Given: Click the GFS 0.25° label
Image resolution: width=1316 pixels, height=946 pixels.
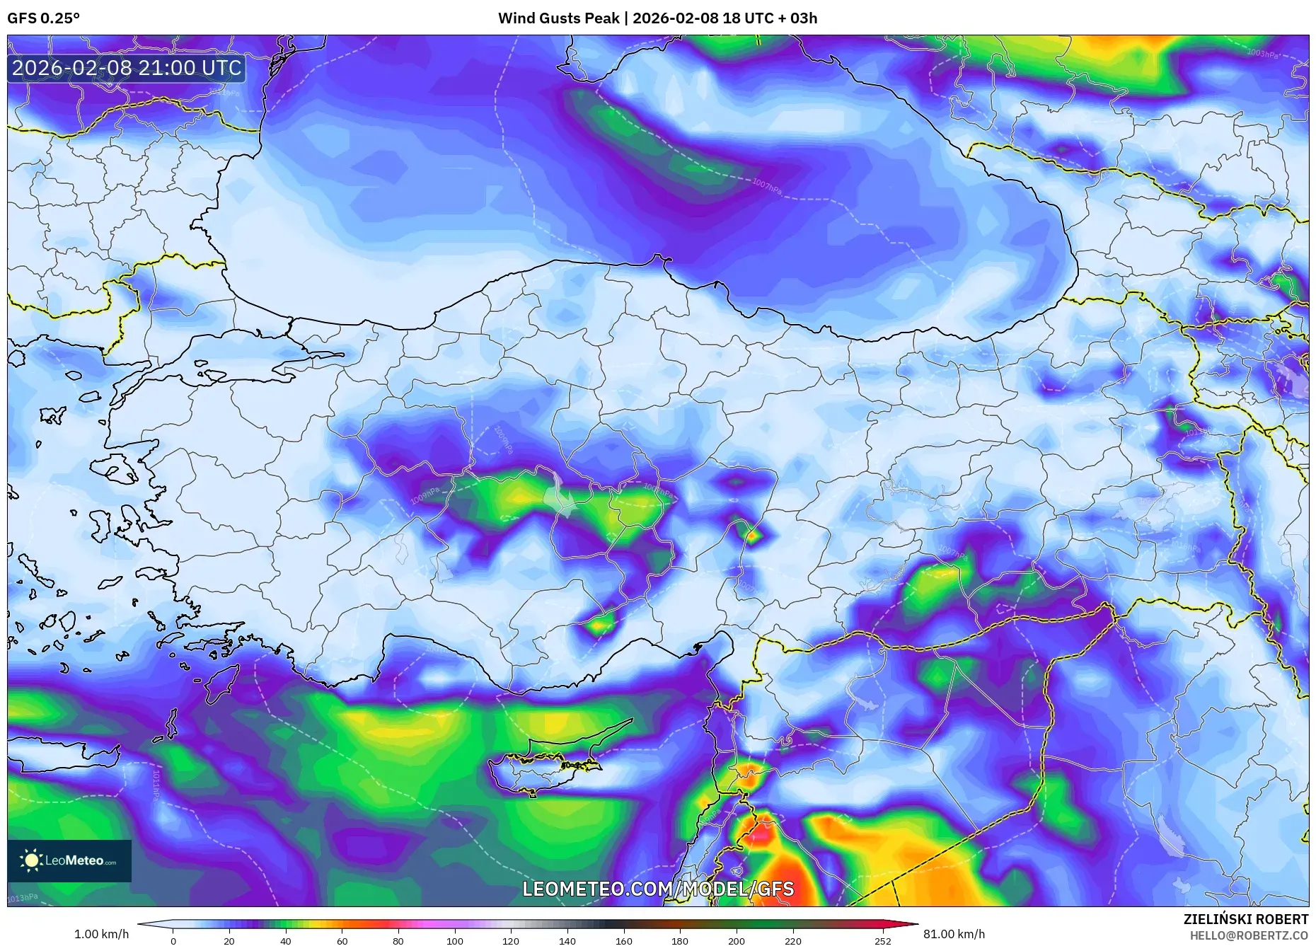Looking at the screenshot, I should point(43,18).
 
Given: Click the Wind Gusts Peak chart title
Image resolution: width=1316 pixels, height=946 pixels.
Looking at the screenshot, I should point(657,18).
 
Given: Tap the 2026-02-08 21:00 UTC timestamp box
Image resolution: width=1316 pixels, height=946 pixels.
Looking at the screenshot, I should point(127,68).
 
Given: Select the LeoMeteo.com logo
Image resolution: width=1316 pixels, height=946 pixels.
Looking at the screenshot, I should point(69,860).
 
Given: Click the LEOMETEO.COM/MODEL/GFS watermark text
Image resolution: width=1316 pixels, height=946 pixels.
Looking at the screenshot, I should point(658,889).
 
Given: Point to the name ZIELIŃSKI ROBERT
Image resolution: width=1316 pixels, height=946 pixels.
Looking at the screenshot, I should point(1245,919).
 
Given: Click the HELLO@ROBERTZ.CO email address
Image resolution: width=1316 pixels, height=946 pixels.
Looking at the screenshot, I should point(1248,935).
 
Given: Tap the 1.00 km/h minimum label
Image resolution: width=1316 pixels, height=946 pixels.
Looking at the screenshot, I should point(101,934).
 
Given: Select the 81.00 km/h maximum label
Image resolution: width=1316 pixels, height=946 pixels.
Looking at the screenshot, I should point(954,934).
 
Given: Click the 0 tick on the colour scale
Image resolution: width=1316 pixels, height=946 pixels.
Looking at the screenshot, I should point(173,941).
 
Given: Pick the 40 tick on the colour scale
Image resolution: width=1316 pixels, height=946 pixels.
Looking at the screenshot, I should point(285,941).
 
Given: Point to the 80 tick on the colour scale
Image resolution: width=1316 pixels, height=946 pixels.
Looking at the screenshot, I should point(398,941).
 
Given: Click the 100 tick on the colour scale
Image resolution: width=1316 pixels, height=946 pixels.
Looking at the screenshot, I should point(454,941).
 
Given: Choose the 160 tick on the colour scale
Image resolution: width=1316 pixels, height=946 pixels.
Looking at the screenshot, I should point(623,941).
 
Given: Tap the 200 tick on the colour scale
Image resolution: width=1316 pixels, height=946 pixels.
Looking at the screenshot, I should point(736,941).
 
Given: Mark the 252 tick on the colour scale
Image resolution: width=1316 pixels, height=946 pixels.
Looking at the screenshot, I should point(882,941).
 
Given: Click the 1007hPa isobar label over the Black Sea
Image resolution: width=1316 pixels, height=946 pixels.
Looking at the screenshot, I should point(766,188).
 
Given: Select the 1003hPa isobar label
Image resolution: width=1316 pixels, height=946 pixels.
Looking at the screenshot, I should point(1262,53).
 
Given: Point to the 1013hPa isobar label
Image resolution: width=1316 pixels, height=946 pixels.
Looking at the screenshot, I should point(23,898).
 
